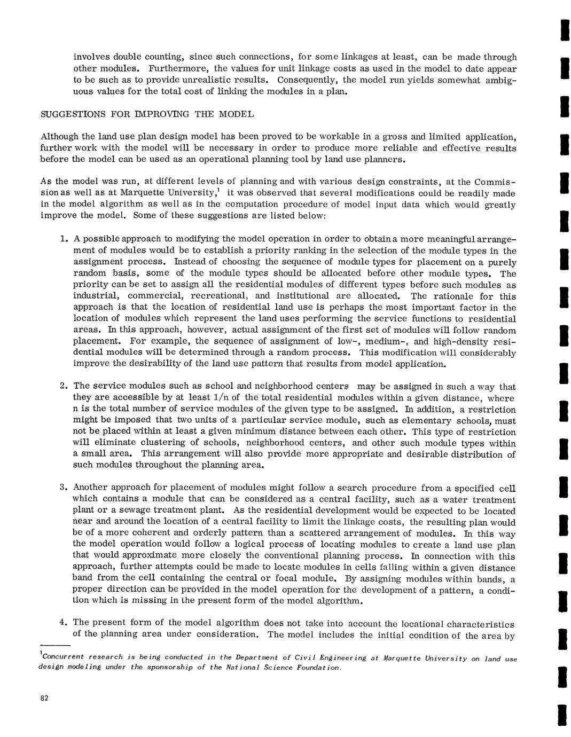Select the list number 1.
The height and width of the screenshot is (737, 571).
click(63, 239)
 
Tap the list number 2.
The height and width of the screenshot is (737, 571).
click(63, 386)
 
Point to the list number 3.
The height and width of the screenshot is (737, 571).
click(63, 487)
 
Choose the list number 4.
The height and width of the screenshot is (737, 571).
click(63, 622)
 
